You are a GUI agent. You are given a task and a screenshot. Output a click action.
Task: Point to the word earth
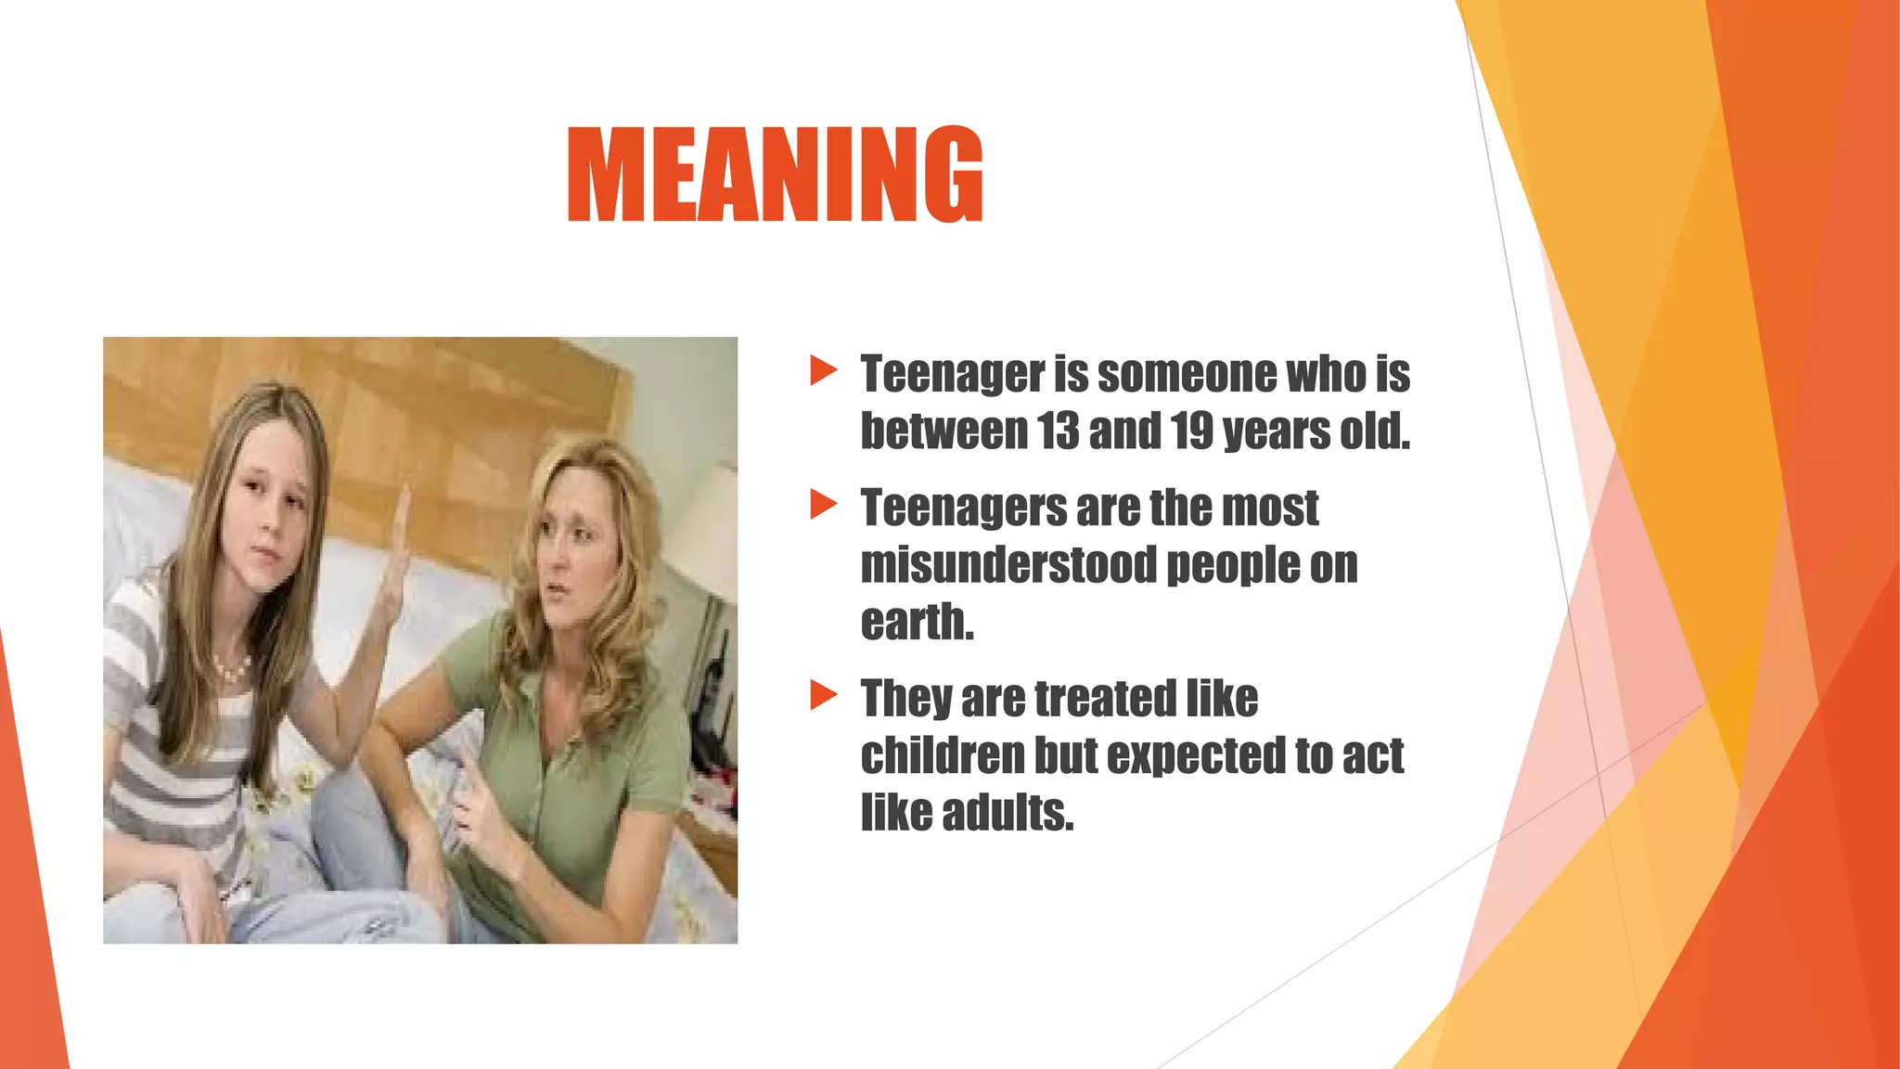(x=917, y=622)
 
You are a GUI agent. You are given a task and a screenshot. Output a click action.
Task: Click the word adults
(x=1008, y=813)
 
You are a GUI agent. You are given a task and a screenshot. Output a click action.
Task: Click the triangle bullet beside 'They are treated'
(x=823, y=695)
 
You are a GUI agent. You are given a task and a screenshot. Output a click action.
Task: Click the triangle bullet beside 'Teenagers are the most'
(x=823, y=505)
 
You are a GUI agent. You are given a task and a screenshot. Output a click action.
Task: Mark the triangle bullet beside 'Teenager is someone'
(x=823, y=370)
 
